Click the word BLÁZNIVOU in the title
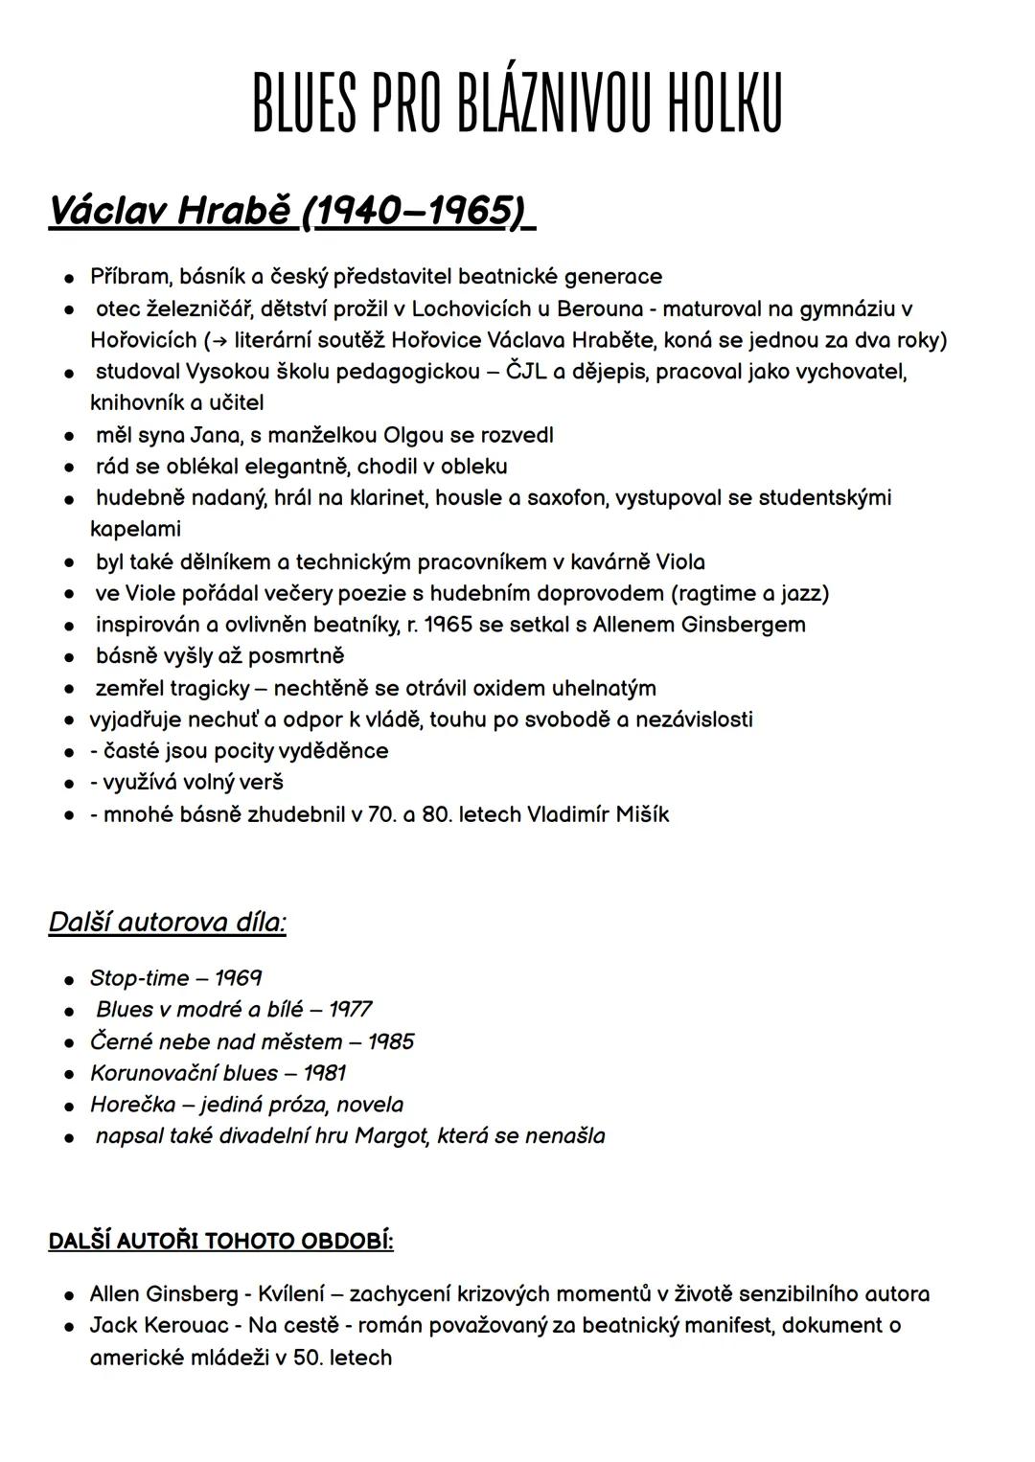click(555, 103)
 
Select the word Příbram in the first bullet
click(130, 277)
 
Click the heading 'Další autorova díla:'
click(167, 922)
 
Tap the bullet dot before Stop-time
click(70, 980)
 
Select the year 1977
click(350, 1009)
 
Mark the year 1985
click(391, 1041)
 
